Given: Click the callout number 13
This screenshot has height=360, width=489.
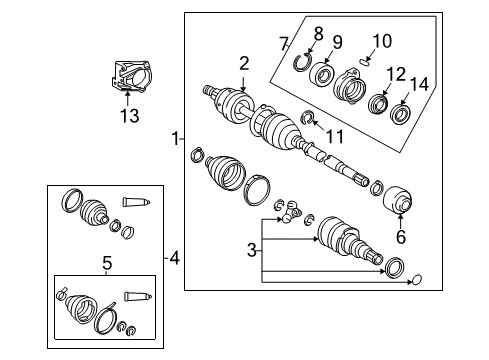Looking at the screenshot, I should (127, 116).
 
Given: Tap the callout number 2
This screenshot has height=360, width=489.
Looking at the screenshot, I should (243, 64).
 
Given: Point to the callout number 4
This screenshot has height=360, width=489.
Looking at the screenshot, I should (174, 259).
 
